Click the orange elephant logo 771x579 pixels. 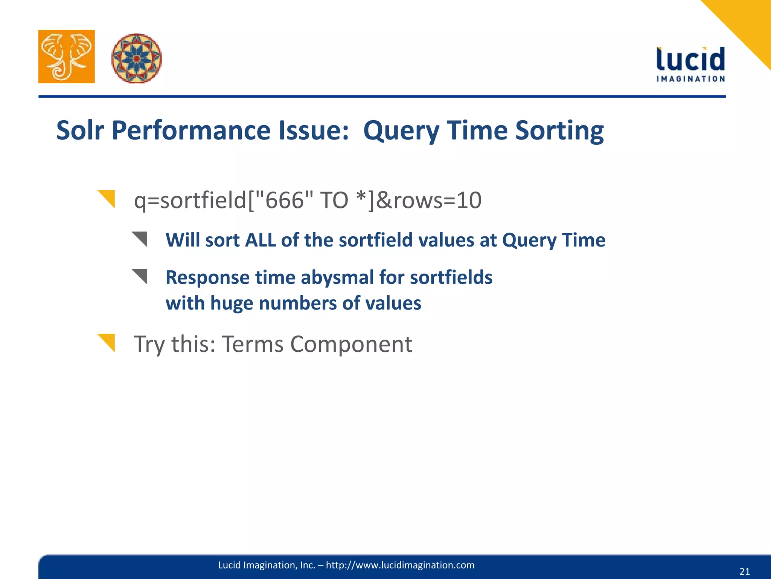67,57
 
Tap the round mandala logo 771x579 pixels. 136,58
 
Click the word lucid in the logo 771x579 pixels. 690,60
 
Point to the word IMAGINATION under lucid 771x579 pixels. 690,79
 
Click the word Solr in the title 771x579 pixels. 80,130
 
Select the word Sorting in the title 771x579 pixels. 559,130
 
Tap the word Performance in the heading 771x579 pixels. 191,130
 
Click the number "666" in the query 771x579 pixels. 284,200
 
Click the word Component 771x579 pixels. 351,344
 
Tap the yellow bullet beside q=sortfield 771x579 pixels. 108,198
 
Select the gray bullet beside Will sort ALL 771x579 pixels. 140,238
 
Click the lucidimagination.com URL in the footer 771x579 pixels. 400,565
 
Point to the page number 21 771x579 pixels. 744,571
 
